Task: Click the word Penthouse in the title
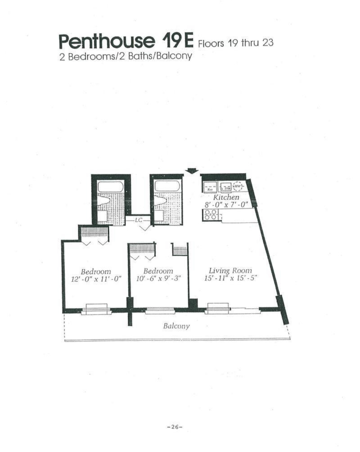(x=107, y=42)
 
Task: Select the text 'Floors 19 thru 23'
(x=236, y=43)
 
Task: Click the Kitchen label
(x=226, y=197)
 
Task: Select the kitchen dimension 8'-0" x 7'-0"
(x=227, y=204)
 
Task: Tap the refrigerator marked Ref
(x=210, y=187)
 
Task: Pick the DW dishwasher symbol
(x=226, y=186)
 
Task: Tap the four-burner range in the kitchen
(x=211, y=214)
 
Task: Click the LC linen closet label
(x=138, y=220)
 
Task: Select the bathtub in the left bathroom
(x=110, y=187)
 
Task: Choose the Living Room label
(x=230, y=270)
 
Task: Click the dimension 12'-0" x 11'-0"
(x=96, y=278)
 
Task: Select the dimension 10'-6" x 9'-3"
(x=158, y=278)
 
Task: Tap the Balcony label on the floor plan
(x=176, y=326)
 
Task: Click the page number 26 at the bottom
(x=175, y=427)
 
